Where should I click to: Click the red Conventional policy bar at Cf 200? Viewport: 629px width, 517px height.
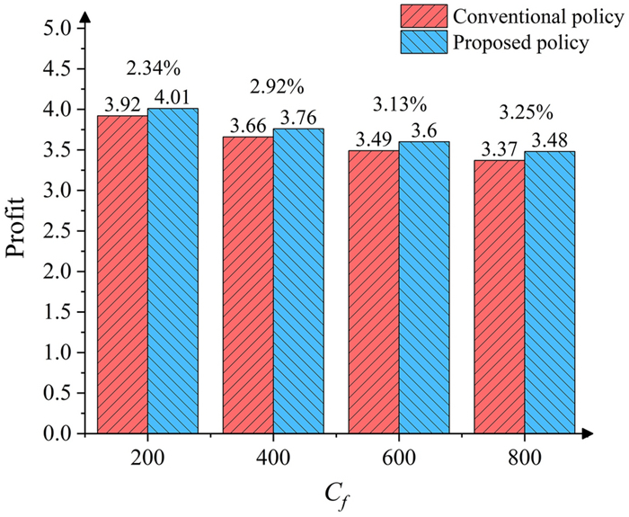pos(122,274)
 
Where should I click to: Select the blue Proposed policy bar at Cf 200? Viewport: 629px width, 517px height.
pos(173,271)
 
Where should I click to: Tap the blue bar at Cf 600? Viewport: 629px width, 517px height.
pos(424,288)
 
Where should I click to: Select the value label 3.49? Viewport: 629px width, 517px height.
pos(374,140)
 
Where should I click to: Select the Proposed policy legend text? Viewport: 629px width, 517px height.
pos(521,42)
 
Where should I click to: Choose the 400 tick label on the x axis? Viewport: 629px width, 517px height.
pos(273,459)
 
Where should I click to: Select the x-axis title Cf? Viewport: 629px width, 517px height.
pos(335,494)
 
